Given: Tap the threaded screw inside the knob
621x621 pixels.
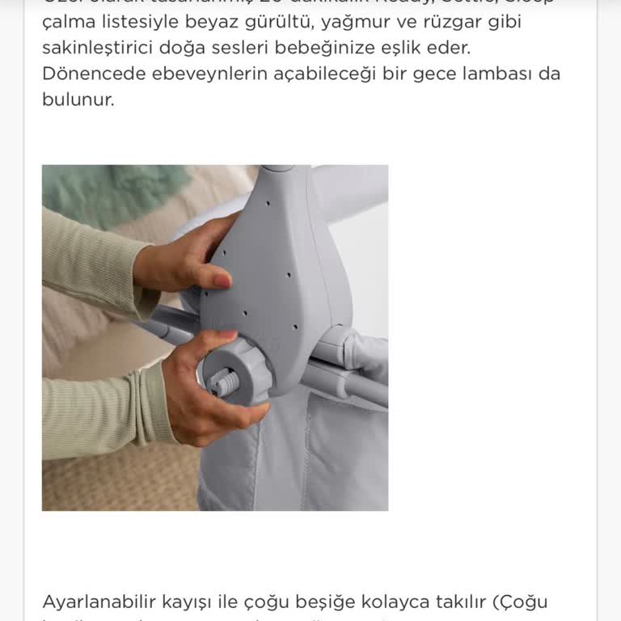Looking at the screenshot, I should [x=223, y=379].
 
